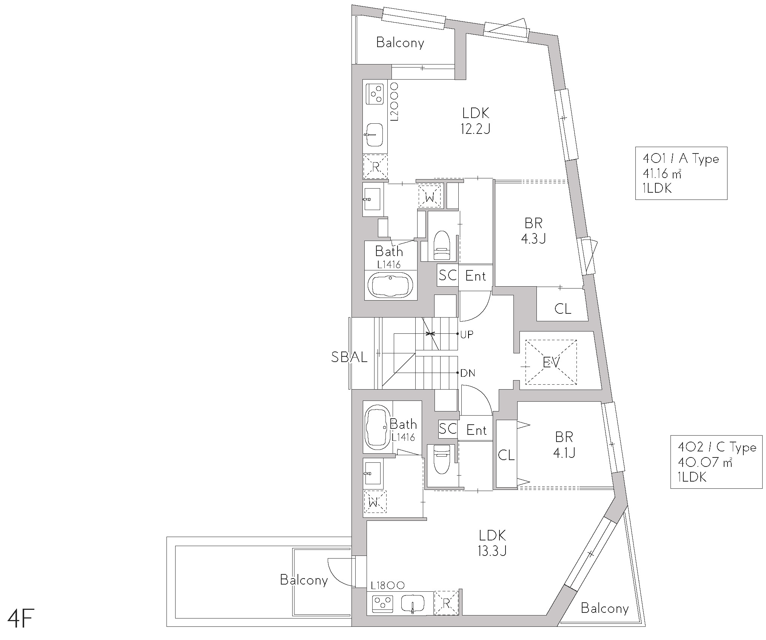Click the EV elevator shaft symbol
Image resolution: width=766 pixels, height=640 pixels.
[551, 362]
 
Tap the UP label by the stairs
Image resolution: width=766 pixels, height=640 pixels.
[467, 334]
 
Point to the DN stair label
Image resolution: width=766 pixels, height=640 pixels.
[467, 373]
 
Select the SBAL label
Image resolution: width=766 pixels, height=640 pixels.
[349, 357]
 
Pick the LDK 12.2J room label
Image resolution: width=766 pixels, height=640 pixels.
[476, 121]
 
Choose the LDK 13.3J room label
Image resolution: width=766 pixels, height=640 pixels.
[492, 543]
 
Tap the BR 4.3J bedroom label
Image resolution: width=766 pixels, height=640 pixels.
[533, 230]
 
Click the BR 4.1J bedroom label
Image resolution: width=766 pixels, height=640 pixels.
[564, 444]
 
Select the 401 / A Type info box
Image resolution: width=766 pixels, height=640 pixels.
[681, 173]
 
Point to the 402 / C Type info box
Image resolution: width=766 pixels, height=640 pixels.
[716, 462]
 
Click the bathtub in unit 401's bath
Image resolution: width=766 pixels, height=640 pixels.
[391, 285]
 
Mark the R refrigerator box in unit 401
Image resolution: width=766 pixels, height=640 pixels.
[375, 166]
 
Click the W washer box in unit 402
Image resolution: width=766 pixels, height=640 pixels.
[375, 502]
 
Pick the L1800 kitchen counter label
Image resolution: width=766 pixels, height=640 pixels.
[387, 585]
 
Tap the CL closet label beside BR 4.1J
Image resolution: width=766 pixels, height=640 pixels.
[506, 455]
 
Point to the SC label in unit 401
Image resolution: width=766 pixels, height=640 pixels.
[448, 275]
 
